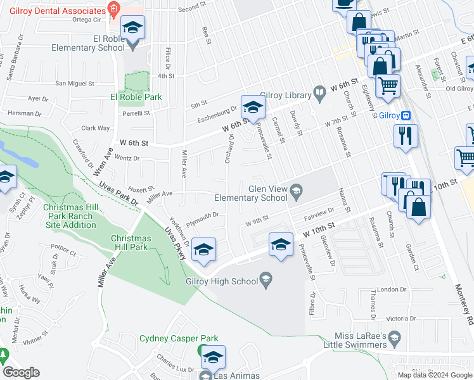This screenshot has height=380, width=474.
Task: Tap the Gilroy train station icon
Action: click(x=406, y=115)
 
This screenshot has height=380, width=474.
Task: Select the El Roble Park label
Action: click(x=136, y=97)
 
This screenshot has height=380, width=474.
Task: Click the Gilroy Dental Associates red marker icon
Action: click(x=113, y=8)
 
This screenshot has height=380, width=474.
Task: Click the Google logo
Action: click(x=21, y=372)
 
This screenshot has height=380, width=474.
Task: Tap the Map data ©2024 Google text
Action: click(x=434, y=375)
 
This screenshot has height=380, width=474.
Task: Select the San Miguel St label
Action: click(x=75, y=83)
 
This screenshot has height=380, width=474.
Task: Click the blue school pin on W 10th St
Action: click(x=281, y=244)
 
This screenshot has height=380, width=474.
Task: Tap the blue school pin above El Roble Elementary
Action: click(x=133, y=28)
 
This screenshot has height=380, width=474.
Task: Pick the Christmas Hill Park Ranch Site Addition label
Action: click(x=68, y=216)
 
